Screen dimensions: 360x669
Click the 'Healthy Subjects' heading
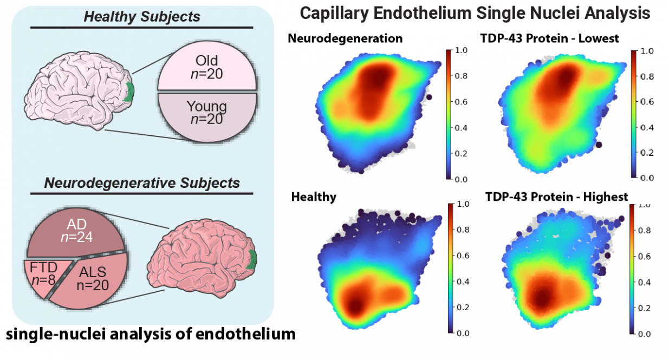coord(141,16)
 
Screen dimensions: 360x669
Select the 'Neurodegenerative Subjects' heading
coord(141,182)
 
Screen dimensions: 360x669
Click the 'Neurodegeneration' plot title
coord(345,38)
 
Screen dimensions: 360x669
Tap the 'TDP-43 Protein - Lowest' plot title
coord(549,38)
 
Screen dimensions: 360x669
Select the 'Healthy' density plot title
coord(314,197)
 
